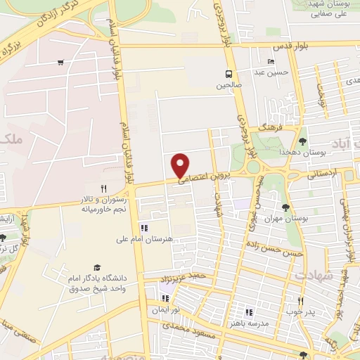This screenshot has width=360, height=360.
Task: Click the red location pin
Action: tap(181, 165)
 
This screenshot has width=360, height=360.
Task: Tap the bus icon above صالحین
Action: tap(229, 73)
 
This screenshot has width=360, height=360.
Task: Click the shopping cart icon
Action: tap(61, 63)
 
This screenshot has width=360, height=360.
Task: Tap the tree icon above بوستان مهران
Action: tap(285, 207)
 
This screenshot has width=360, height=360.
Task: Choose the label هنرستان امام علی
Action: tap(145, 239)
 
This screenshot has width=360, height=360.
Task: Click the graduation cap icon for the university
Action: tap(96, 267)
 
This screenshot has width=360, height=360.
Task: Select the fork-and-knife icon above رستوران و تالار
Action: tap(103, 188)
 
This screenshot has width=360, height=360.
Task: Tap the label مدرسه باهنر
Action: tap(247, 323)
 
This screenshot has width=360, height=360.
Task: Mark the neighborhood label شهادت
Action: tap(313, 275)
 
